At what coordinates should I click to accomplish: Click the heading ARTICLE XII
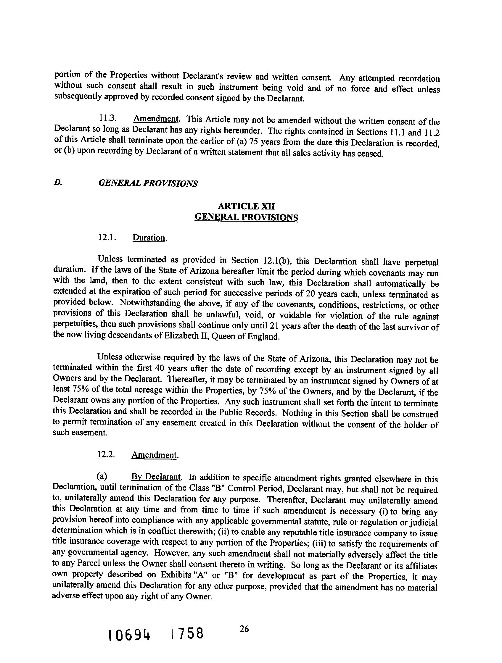[246, 206]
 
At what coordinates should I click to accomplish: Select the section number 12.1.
[107, 237]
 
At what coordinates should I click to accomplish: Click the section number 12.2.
[106, 455]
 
